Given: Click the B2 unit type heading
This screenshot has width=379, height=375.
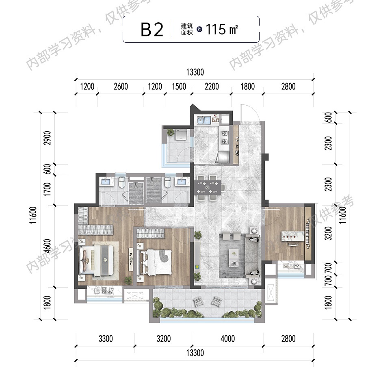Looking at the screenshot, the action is point(152,30).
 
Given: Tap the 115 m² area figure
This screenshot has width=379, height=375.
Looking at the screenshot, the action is point(222,29).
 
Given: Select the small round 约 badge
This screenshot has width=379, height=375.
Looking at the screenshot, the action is point(199,30).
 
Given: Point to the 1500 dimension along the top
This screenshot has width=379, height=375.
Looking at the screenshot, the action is point(179,86).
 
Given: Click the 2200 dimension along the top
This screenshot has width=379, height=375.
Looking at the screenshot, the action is point(212,86).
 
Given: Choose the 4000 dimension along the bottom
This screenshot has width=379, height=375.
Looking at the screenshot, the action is point(228,338).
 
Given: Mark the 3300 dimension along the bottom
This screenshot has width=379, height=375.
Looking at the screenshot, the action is point(106,338).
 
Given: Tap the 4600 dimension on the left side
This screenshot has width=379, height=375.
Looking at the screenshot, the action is point(48,246).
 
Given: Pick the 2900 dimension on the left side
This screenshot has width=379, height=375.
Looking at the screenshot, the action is point(48,138).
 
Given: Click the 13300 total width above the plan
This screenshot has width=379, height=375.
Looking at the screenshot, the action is point(195,72).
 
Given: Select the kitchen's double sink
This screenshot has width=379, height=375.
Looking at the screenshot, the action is point(204,120).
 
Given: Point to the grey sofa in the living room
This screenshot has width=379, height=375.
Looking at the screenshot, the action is point(252,256).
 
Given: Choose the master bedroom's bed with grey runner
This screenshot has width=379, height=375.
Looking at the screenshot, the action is point(96,260).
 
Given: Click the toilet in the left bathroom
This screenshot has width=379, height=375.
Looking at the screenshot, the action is point(122,182).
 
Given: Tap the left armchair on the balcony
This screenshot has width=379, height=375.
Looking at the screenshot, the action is point(199,302).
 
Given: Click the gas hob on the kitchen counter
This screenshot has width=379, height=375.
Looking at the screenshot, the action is point(225,137).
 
